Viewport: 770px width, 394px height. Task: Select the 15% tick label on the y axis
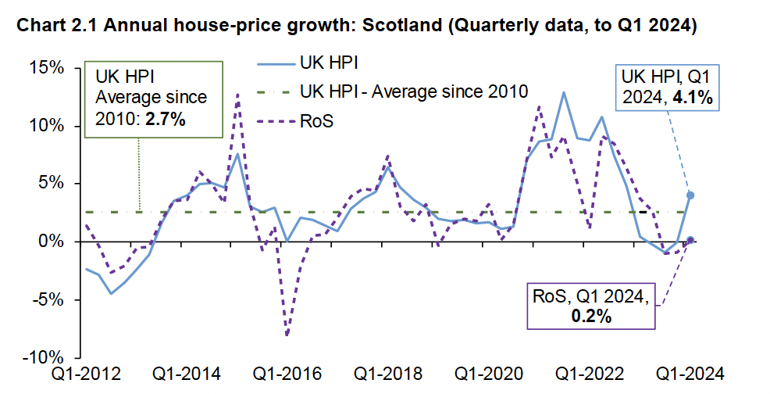coord(46,68)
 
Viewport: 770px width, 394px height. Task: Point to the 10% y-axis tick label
coord(46,126)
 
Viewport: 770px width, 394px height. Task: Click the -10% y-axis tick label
coord(43,357)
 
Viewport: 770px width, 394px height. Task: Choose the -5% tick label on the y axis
coord(47,299)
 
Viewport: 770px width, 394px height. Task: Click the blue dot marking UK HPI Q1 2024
coord(690,195)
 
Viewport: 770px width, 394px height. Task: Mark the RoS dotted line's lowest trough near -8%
coord(287,335)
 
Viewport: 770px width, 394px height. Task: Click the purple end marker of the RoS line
coord(690,240)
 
